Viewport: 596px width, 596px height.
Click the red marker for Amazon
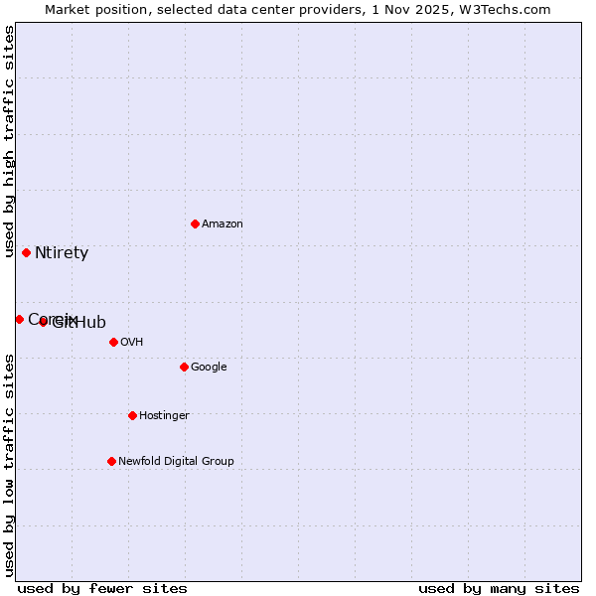[195, 223]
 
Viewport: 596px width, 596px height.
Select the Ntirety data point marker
[26, 252]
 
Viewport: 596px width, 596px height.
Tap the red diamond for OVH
[113, 342]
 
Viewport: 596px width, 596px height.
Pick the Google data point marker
[184, 367]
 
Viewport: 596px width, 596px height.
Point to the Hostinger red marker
[132, 415]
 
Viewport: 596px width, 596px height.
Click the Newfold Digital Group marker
[111, 461]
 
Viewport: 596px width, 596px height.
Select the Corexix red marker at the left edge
[19, 319]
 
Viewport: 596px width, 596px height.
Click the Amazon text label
[223, 223]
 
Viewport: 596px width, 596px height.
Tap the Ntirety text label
[62, 253]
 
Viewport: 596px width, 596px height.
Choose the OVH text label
[132, 342]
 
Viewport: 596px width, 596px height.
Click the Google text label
[209, 367]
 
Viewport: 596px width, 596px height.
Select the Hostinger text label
[164, 415]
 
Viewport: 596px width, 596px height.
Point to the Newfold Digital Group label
[176, 461]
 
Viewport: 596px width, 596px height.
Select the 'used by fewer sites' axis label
[102, 588]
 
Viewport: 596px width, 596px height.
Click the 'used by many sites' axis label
[499, 588]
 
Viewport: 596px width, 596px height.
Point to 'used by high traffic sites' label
[10, 142]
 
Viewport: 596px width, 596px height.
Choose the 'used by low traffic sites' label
[10, 464]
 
